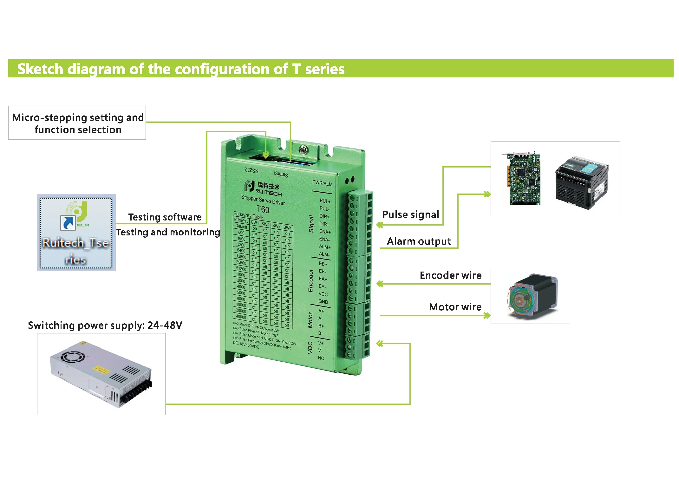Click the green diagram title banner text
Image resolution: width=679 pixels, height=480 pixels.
tap(181, 69)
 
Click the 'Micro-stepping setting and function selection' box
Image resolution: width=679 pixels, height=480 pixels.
tap(77, 123)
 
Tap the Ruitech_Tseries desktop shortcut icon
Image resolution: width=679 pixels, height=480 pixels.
tap(76, 232)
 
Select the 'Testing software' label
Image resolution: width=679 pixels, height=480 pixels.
tap(165, 217)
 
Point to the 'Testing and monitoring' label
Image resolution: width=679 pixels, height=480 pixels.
tap(168, 232)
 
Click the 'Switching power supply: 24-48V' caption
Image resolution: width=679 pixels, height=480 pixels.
tap(105, 325)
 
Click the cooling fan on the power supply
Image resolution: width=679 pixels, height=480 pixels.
tap(73, 357)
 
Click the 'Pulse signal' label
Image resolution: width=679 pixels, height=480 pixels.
tap(411, 215)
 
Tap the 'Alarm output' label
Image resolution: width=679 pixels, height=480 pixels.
tap(419, 241)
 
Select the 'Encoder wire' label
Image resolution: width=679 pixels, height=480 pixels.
tap(450, 275)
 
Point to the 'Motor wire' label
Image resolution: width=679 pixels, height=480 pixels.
tap(455, 307)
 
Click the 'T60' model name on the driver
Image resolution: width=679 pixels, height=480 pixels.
tap(263, 210)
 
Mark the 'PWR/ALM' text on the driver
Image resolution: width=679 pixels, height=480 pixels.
tap(322, 183)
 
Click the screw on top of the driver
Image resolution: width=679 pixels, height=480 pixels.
tap(304, 149)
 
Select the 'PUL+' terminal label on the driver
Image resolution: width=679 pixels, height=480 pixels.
tap(325, 201)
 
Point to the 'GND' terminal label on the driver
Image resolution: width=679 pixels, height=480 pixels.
tap(323, 301)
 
